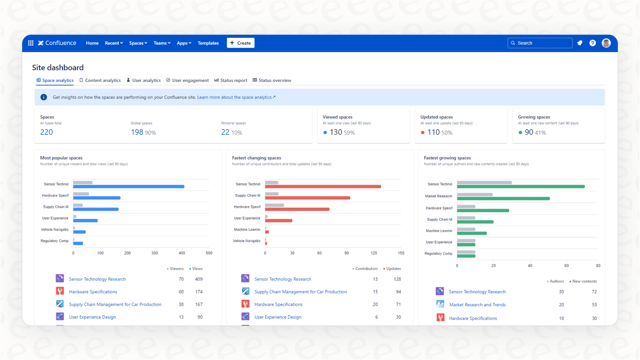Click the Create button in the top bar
pyautogui.click(x=240, y=43)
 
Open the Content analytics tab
pyautogui.click(x=100, y=80)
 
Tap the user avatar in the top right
pyautogui.click(x=606, y=43)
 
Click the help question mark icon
pyautogui.click(x=592, y=43)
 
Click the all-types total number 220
pyautogui.click(x=46, y=132)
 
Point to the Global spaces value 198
pyautogui.click(x=137, y=132)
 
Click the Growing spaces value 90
pyautogui.click(x=529, y=132)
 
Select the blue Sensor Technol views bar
pyautogui.click(x=129, y=187)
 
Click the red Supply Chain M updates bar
pyautogui.click(x=307, y=198)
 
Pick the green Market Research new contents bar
pyautogui.click(x=503, y=198)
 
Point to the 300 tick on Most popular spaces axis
pyautogui.click(x=155, y=253)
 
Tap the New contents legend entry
pyautogui.click(x=583, y=281)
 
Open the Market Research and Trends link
pyautogui.click(x=477, y=305)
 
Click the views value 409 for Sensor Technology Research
pyautogui.click(x=198, y=279)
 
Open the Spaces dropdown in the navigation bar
pyautogui.click(x=138, y=43)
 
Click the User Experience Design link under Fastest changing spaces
pyautogui.click(x=278, y=317)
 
